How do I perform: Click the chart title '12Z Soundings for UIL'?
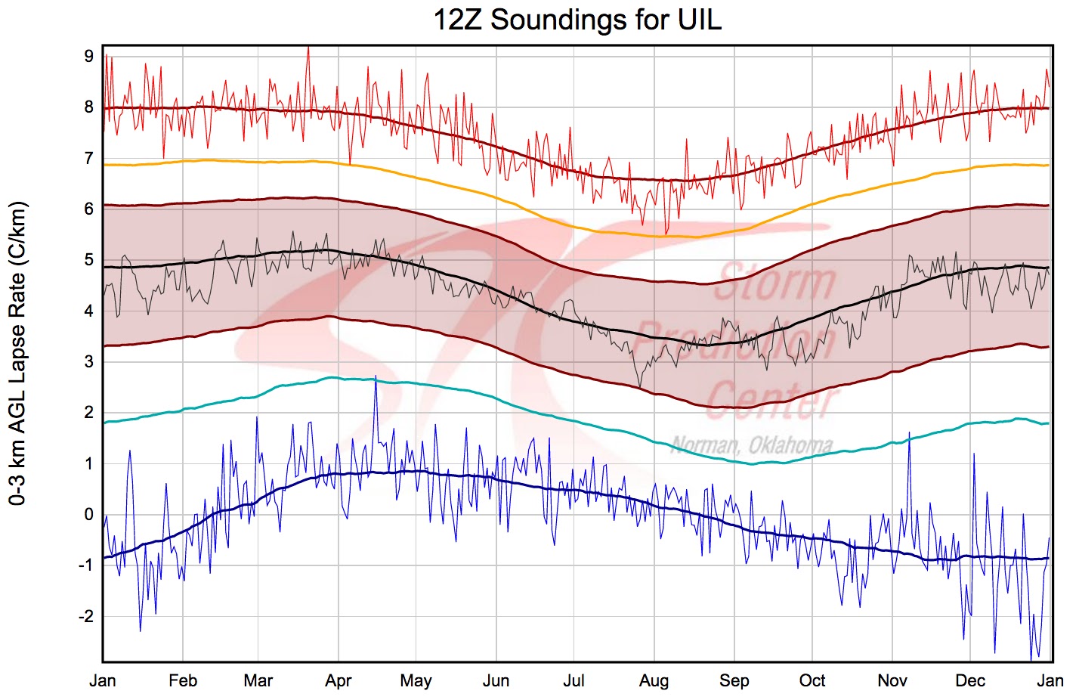pos(577,20)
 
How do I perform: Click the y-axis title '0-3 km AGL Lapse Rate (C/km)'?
pos(17,353)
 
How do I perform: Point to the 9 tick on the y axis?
pos(89,56)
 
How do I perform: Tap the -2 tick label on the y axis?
pos(86,616)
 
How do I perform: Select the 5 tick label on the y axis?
pos(89,260)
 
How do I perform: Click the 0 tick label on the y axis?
pos(89,515)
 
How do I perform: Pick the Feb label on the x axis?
pos(183,681)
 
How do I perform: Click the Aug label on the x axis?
pos(654,681)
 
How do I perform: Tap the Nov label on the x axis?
pos(892,681)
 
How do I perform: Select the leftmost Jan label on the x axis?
pos(103,681)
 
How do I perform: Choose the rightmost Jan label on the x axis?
pos(1050,681)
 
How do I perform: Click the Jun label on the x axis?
pos(496,681)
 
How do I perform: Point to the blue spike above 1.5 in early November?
pos(909,435)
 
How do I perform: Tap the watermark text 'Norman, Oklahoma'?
pos(752,446)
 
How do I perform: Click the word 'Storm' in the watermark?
pos(774,282)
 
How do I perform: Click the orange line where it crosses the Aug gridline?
pos(654,237)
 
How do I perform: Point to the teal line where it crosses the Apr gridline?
pos(339,377)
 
